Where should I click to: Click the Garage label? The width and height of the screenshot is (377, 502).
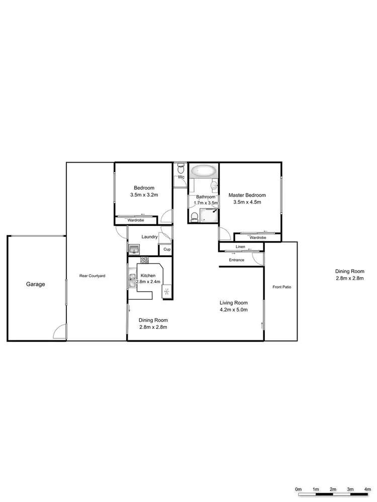tap(35, 284)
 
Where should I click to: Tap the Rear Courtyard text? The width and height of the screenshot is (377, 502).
tap(92, 276)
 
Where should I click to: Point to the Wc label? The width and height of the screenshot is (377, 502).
tap(181, 177)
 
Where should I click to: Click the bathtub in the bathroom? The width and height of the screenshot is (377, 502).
tap(204, 171)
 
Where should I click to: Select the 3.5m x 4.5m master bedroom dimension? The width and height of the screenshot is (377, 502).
tap(247, 202)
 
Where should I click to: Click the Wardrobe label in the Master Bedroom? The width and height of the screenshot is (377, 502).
tap(257, 237)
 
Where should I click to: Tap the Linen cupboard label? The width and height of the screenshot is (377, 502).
tap(240, 246)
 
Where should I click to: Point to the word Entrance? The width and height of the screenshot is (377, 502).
tap(236, 260)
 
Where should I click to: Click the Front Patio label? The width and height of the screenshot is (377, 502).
tap(281, 287)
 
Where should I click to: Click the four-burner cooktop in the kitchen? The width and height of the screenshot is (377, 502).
tap(144, 260)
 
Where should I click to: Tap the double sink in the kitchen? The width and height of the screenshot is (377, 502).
tap(132, 282)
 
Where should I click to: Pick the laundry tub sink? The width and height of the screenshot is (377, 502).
tap(134, 249)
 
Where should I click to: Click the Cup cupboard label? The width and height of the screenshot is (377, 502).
tap(166, 249)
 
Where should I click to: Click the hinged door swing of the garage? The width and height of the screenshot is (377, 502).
tap(60, 331)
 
